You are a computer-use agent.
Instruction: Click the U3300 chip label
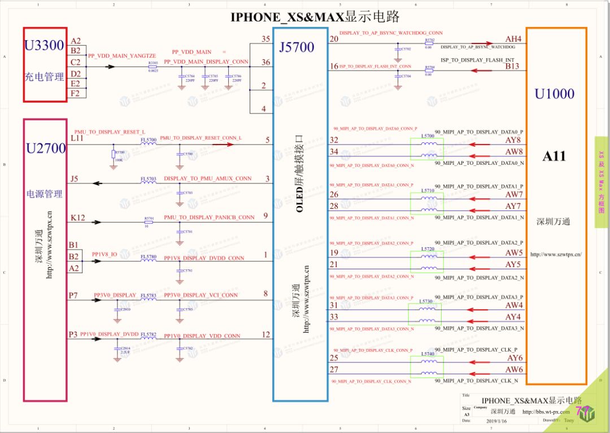tap(44, 46)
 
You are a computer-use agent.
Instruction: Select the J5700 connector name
tap(297, 47)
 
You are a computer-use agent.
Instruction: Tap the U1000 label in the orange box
tap(554, 94)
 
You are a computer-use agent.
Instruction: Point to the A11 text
tap(554, 156)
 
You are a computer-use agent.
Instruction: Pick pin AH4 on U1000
tap(513, 39)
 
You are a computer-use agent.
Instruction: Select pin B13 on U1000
tap(512, 66)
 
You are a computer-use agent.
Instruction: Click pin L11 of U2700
tap(76, 137)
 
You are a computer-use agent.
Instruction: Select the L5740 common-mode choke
tap(427, 367)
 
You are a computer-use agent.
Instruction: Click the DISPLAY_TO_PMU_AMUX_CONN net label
tap(208, 178)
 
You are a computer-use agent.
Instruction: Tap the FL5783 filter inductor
tap(148, 295)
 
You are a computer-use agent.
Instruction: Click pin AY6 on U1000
tap(514, 358)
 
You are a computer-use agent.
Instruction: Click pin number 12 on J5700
tap(266, 334)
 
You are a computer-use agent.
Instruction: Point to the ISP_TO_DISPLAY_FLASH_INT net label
tap(477, 60)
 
